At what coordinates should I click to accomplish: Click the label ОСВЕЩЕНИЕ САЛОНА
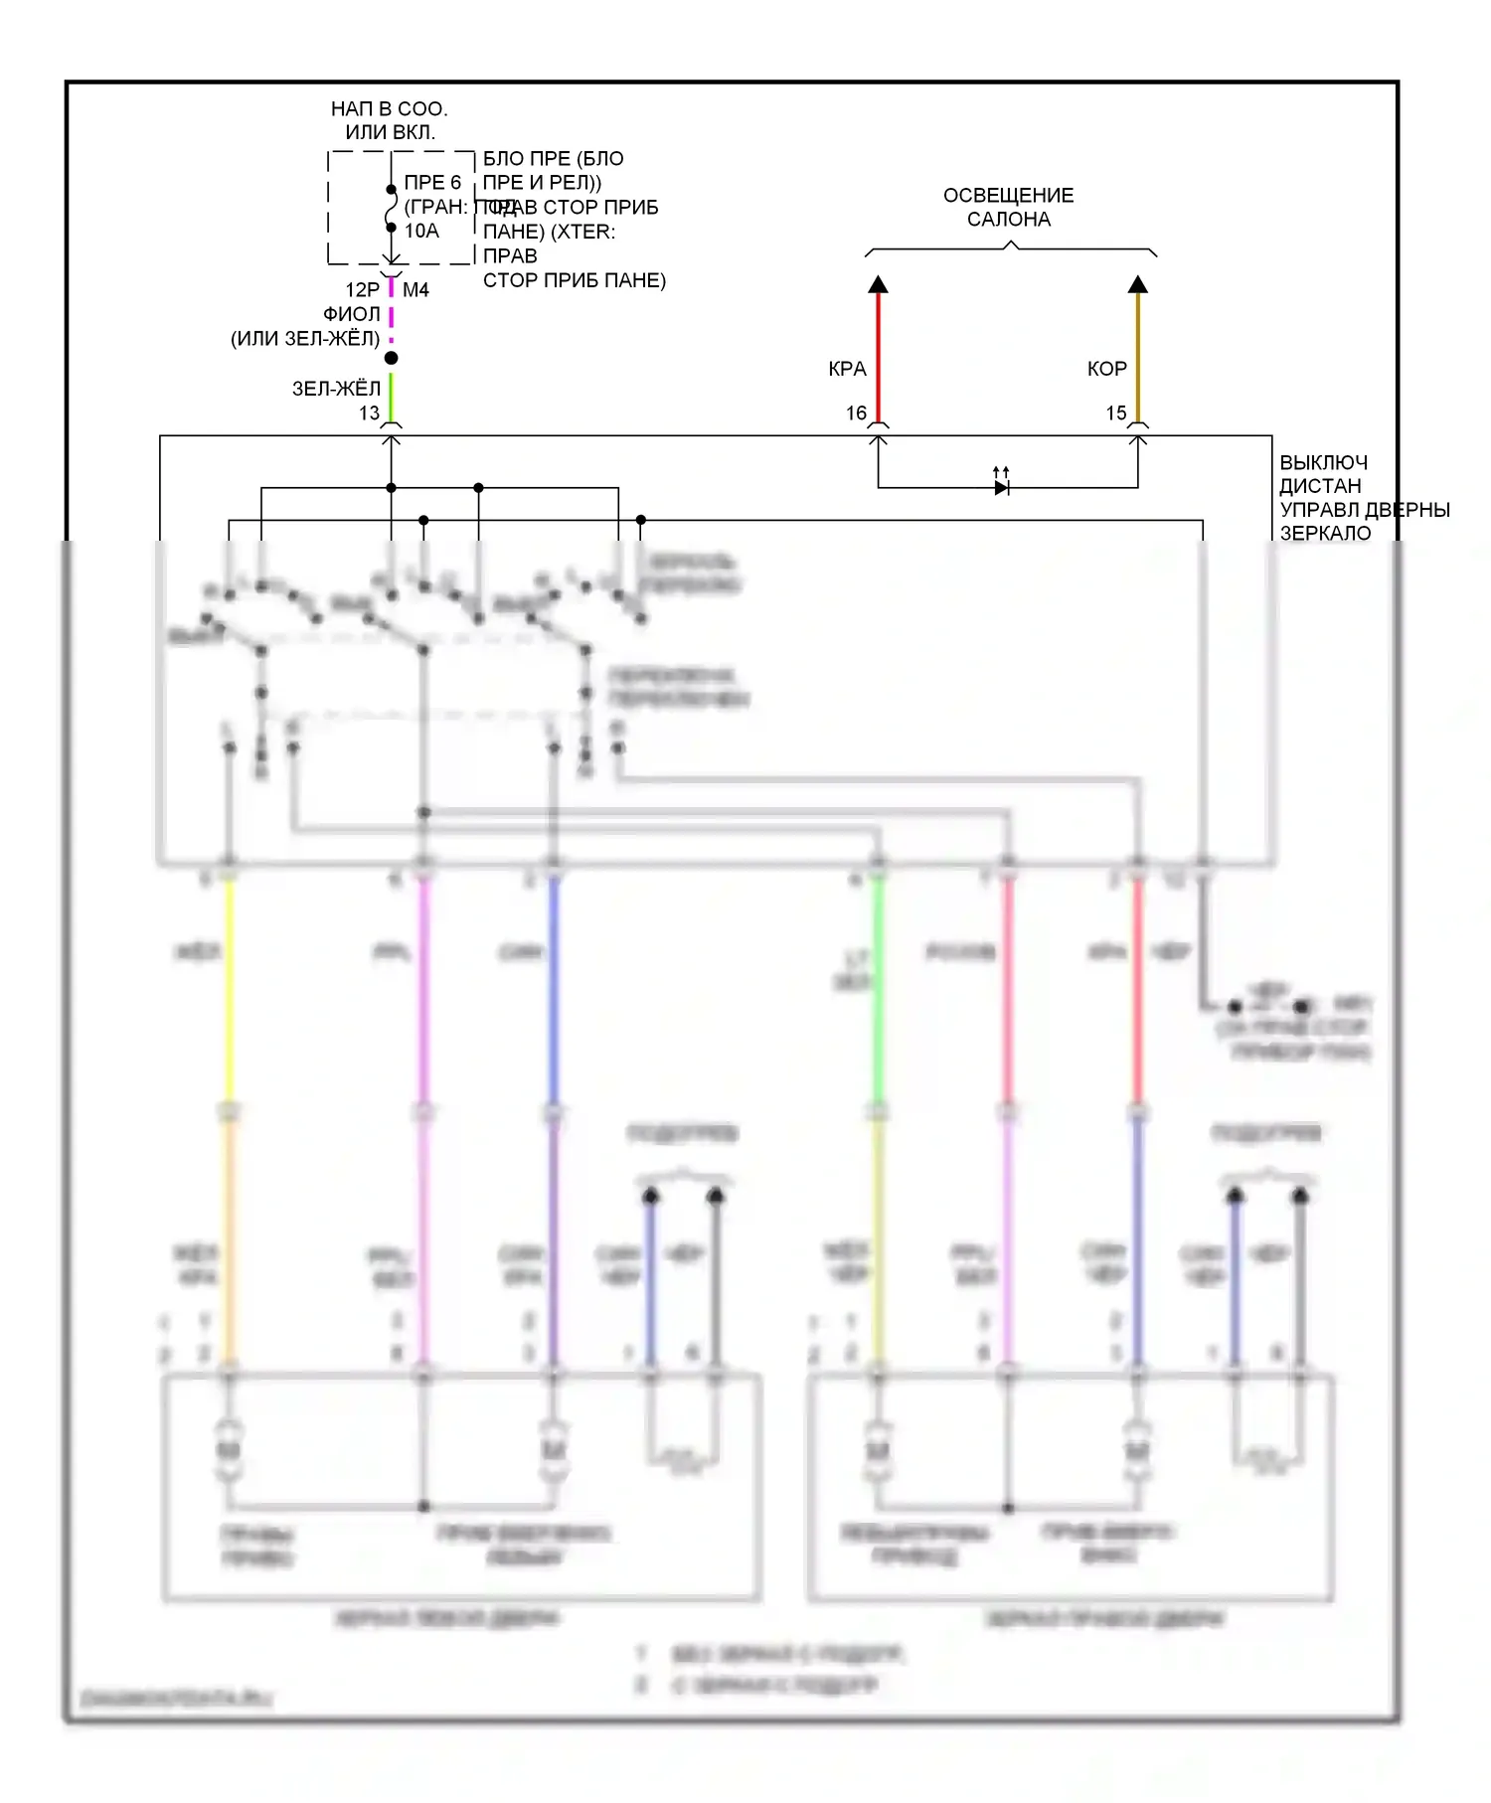point(1008,207)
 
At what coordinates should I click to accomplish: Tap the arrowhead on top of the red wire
point(878,285)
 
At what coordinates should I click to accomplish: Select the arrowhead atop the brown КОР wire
point(1138,285)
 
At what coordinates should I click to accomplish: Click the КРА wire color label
point(847,369)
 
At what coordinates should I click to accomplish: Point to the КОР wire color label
point(1106,369)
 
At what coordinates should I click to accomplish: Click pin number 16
point(856,412)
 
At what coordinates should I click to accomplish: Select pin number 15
point(1116,412)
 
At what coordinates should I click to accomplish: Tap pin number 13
point(369,412)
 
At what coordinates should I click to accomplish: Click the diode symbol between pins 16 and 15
point(1001,487)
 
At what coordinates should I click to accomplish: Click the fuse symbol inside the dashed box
point(392,209)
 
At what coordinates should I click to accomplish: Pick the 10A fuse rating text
point(421,231)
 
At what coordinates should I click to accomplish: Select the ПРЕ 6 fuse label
point(432,182)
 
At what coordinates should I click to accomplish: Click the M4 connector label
point(415,289)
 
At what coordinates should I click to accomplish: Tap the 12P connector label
point(362,289)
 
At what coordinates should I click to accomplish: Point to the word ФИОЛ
point(351,314)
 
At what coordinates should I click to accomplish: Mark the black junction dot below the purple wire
point(392,358)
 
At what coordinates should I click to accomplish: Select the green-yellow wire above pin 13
point(392,396)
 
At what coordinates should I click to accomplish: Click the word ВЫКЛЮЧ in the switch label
point(1323,462)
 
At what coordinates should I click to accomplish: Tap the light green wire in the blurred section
point(878,994)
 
